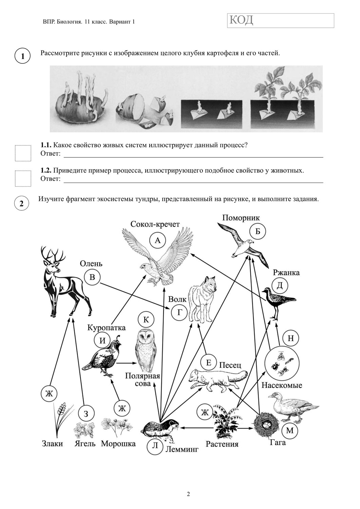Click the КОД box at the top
[281, 21]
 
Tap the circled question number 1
[23, 56]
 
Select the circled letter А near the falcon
[157, 240]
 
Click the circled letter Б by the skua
[258, 231]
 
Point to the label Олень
[91, 264]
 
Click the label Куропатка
[106, 327]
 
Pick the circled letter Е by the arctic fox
[208, 363]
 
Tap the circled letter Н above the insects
[291, 338]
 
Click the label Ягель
[85, 444]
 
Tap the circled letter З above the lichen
[86, 414]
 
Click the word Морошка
[118, 444]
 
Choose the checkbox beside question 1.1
[23, 153]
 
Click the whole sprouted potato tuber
[80, 102]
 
